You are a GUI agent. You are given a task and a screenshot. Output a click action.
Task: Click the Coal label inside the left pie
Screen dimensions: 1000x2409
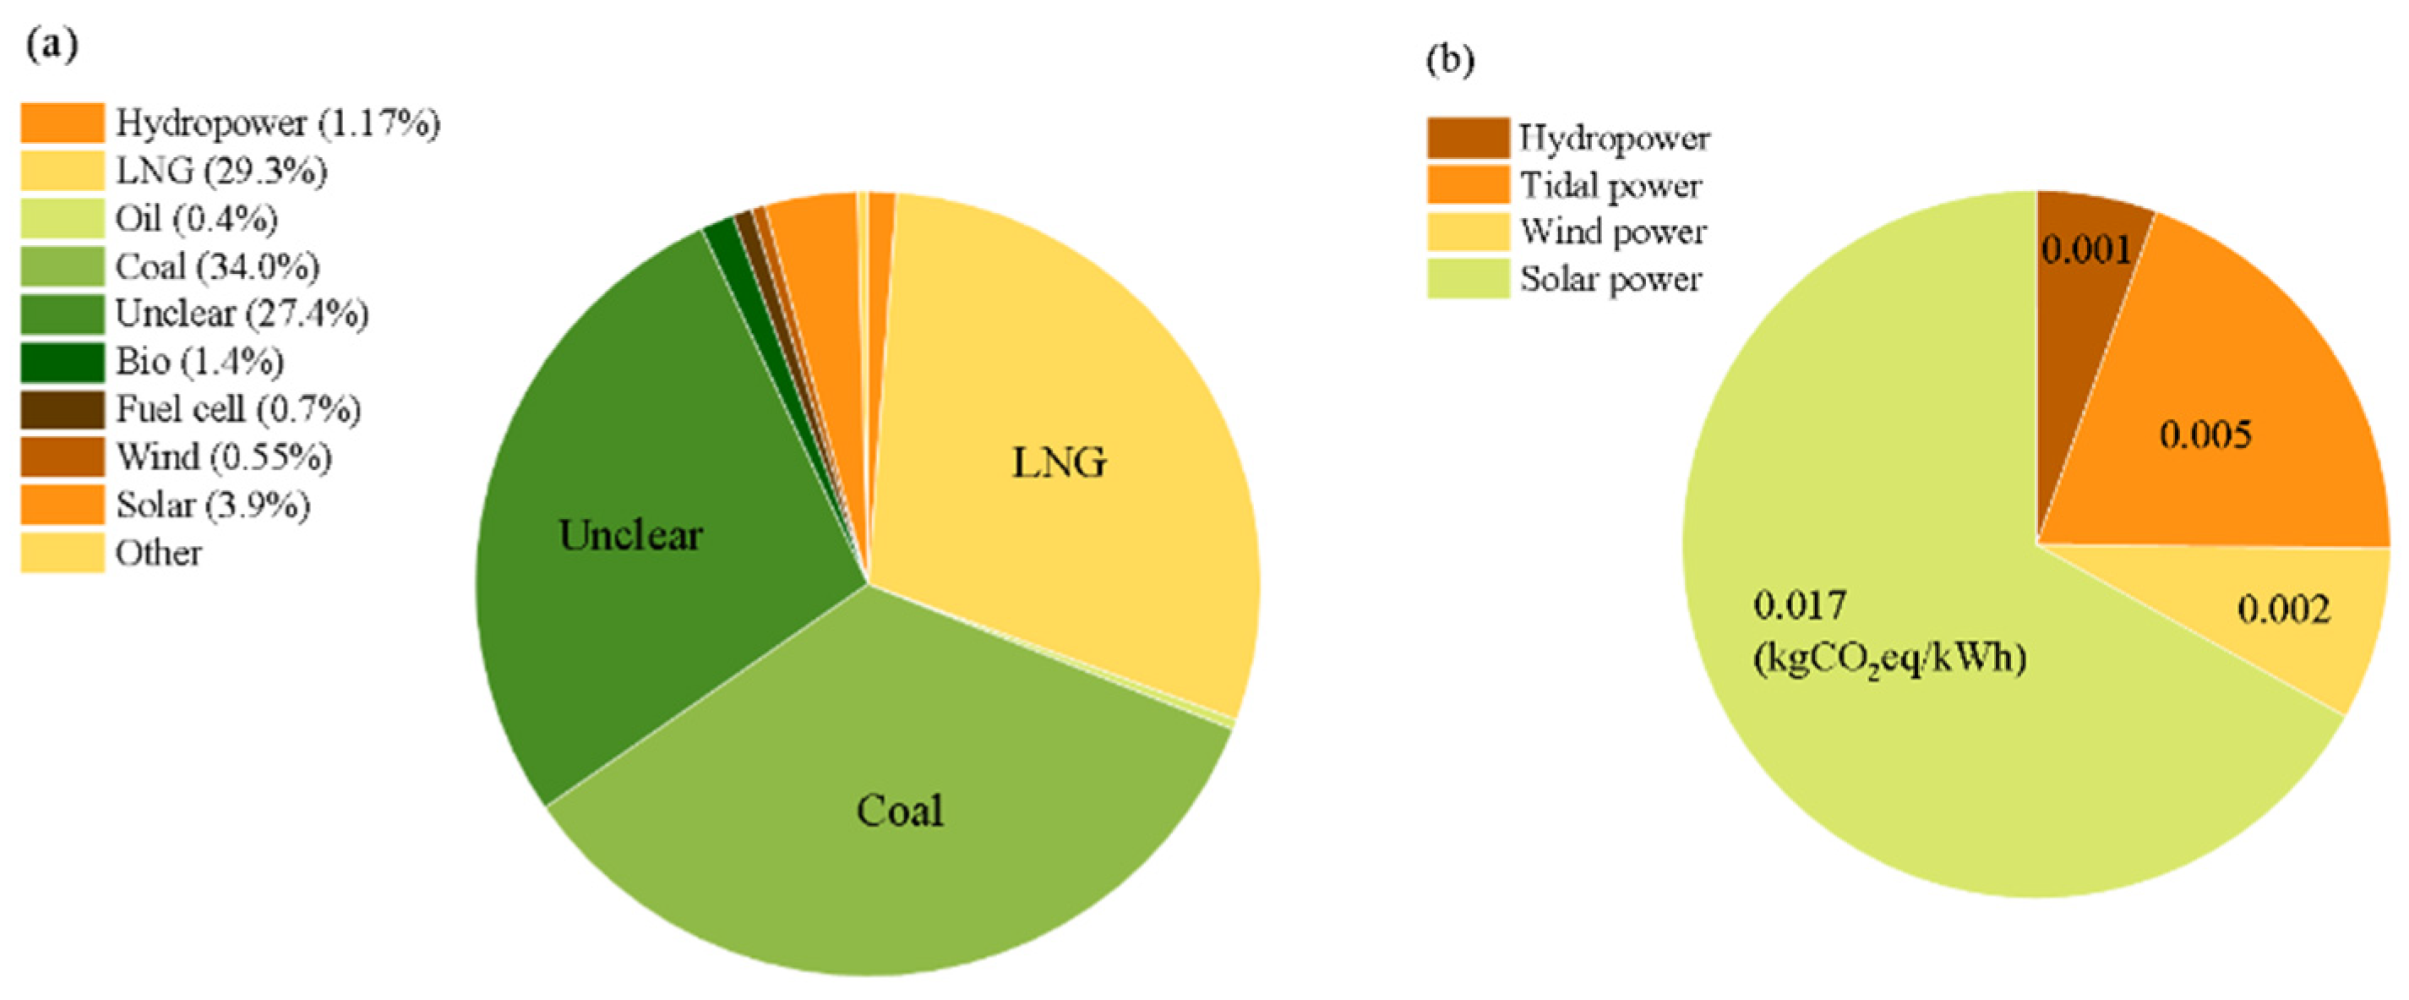tap(900, 810)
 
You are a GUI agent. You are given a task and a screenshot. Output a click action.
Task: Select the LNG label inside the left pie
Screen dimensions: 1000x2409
tap(1059, 462)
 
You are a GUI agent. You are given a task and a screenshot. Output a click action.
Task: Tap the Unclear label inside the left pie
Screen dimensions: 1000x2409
tap(630, 535)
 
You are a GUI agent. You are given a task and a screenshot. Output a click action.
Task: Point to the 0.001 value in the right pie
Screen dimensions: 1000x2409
tap(2086, 249)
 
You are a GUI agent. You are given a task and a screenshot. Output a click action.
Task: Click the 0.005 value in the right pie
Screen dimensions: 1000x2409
tap(2205, 434)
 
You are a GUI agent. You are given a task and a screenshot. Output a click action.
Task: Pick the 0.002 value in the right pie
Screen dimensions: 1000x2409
tap(2283, 609)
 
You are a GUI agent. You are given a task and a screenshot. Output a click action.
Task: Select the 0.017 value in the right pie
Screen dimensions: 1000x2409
tap(1799, 605)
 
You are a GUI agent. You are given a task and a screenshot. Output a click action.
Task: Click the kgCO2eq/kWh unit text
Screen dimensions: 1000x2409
tap(1889, 658)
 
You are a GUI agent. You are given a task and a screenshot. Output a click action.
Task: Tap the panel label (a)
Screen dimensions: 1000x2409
tap(52, 44)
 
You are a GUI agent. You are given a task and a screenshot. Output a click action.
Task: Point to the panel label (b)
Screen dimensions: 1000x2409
tap(1449, 59)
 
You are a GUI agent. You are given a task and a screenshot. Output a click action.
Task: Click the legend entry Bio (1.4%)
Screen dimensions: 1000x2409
tap(199, 361)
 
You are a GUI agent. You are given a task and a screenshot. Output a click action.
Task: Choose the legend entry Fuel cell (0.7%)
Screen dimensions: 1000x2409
tap(237, 409)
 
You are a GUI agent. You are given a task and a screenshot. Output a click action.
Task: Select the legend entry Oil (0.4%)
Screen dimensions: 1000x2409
tap(196, 218)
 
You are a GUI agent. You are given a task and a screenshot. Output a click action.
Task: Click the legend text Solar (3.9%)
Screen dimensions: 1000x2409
tap(212, 505)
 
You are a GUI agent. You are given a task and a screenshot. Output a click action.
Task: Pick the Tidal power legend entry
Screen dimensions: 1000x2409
tap(1611, 185)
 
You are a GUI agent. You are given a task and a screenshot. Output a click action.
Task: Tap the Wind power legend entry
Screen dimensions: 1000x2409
tap(1613, 231)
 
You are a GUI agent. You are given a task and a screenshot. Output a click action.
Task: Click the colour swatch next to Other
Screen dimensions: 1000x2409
tap(63, 553)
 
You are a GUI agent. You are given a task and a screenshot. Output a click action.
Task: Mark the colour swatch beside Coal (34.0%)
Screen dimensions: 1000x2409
tap(63, 266)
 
